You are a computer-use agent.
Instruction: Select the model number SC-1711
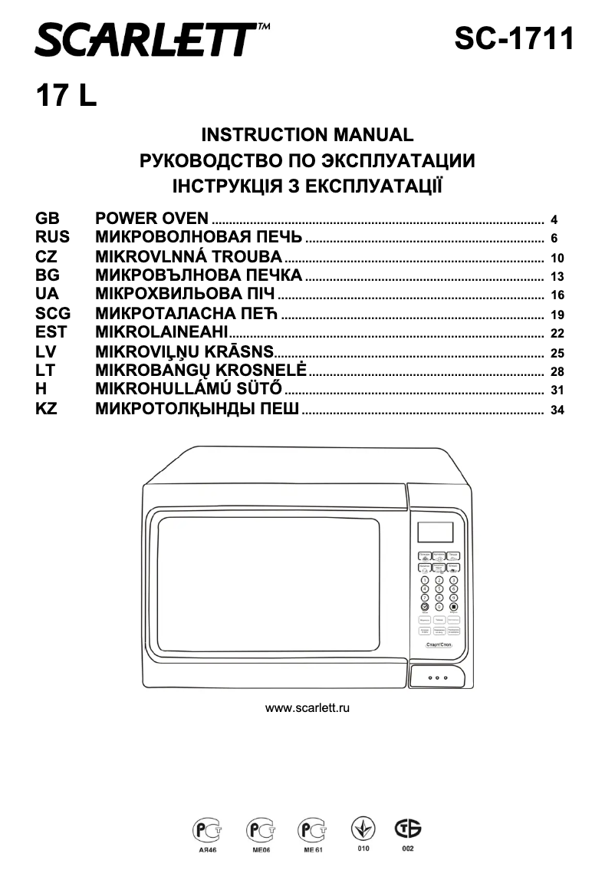pyautogui.click(x=513, y=38)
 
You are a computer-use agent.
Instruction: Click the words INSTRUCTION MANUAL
pyautogui.click(x=307, y=135)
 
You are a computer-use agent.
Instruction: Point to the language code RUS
pyautogui.click(x=52, y=237)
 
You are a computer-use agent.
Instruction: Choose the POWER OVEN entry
pyautogui.click(x=151, y=219)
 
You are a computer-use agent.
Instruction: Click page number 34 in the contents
pyautogui.click(x=557, y=410)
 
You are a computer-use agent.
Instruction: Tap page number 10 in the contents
pyautogui.click(x=557, y=258)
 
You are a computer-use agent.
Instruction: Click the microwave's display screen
pyautogui.click(x=435, y=532)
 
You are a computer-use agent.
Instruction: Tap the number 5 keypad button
pyautogui.click(x=439, y=589)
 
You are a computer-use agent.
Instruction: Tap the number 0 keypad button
pyautogui.click(x=439, y=606)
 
